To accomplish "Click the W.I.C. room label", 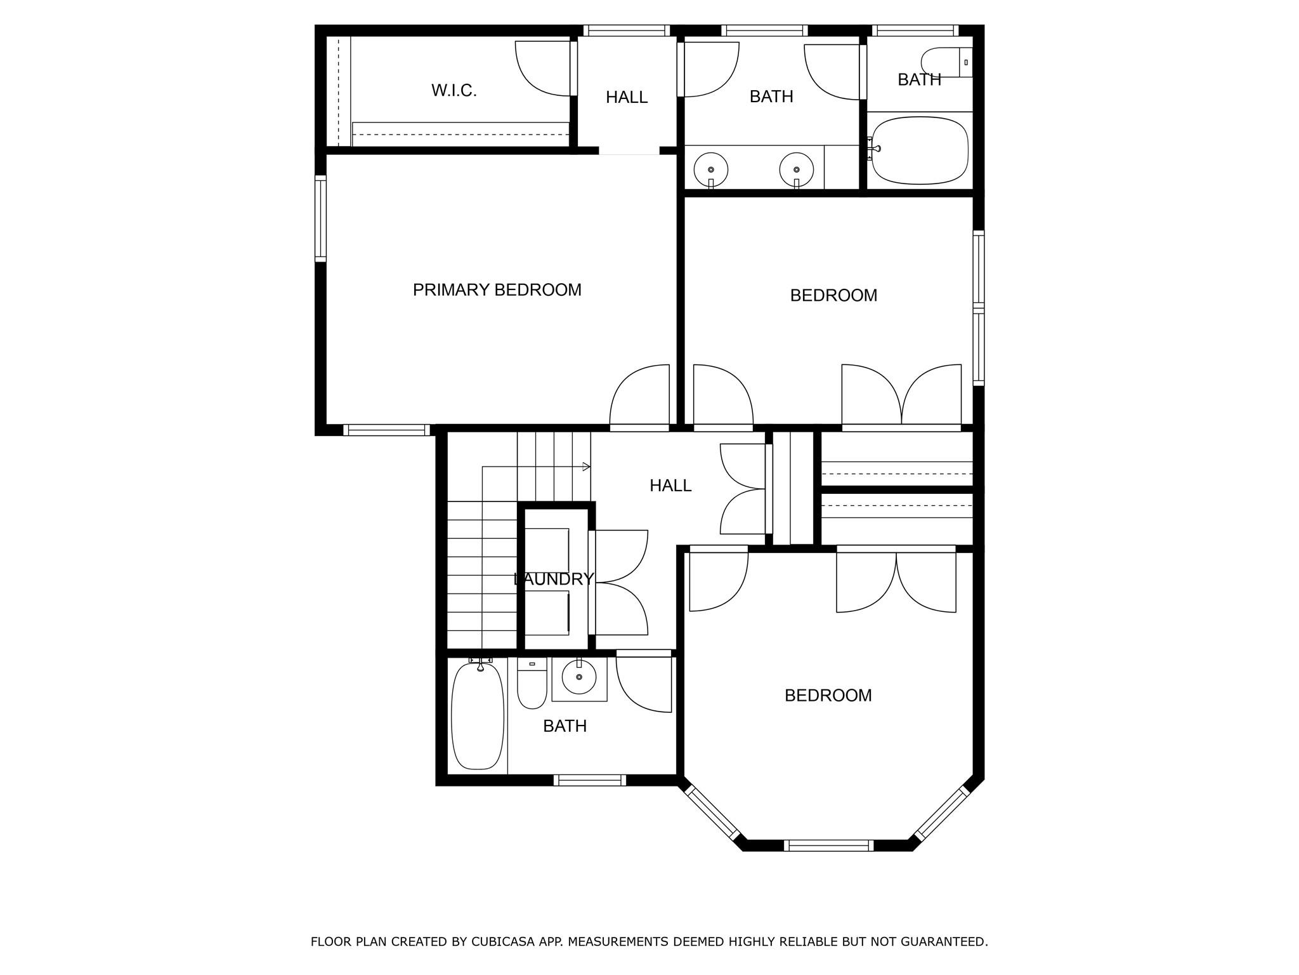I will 454,91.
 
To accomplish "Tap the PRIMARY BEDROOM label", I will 497,290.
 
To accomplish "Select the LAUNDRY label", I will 553,579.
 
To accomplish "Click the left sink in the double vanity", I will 710,169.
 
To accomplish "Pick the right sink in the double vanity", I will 796,169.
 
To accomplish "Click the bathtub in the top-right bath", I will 920,151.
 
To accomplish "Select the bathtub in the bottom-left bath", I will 478,715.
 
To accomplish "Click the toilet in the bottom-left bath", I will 532,686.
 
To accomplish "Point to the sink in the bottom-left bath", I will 578,677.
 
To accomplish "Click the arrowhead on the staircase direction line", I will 587,467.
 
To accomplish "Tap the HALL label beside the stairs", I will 670,486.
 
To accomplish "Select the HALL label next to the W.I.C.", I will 626,97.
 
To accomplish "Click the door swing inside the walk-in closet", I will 544,69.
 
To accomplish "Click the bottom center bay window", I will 828,845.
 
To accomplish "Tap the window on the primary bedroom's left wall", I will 321,219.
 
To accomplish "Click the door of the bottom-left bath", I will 644,682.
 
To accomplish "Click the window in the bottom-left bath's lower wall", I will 590,780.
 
